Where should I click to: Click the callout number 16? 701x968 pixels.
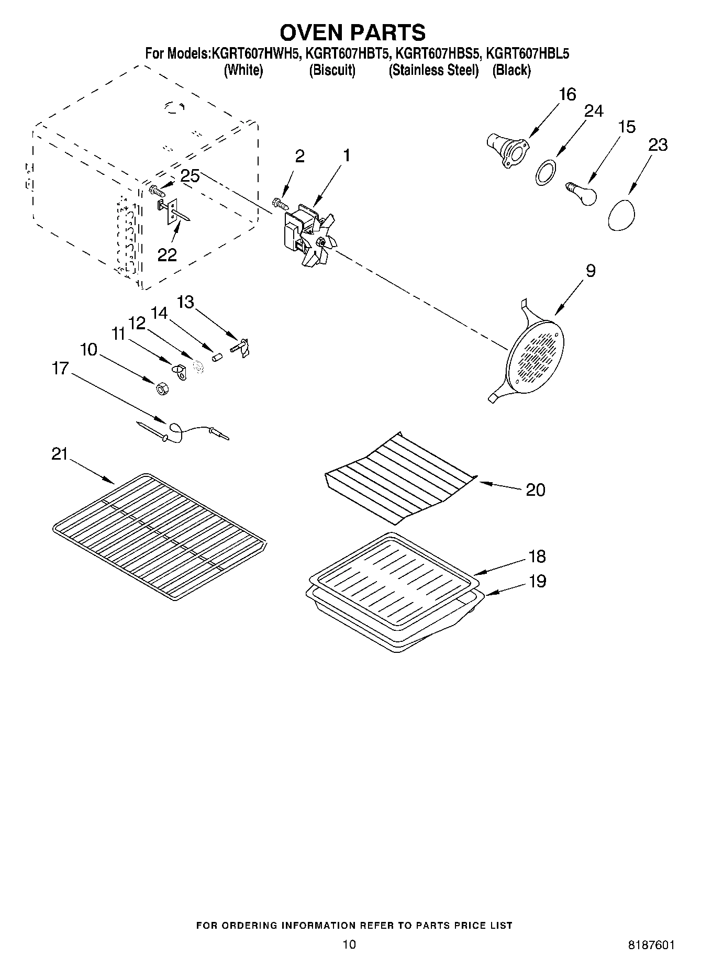pos(567,95)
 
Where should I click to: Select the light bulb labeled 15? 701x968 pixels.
pos(582,193)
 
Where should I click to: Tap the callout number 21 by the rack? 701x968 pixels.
pos(60,454)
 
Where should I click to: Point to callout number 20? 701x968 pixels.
pos(535,490)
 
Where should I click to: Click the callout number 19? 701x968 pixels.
pos(537,581)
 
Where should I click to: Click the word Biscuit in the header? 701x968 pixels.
pos(332,71)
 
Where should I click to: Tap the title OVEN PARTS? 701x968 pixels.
pos(352,32)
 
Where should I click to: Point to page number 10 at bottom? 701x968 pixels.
pos(349,943)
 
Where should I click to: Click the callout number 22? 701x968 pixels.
pos(168,254)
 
